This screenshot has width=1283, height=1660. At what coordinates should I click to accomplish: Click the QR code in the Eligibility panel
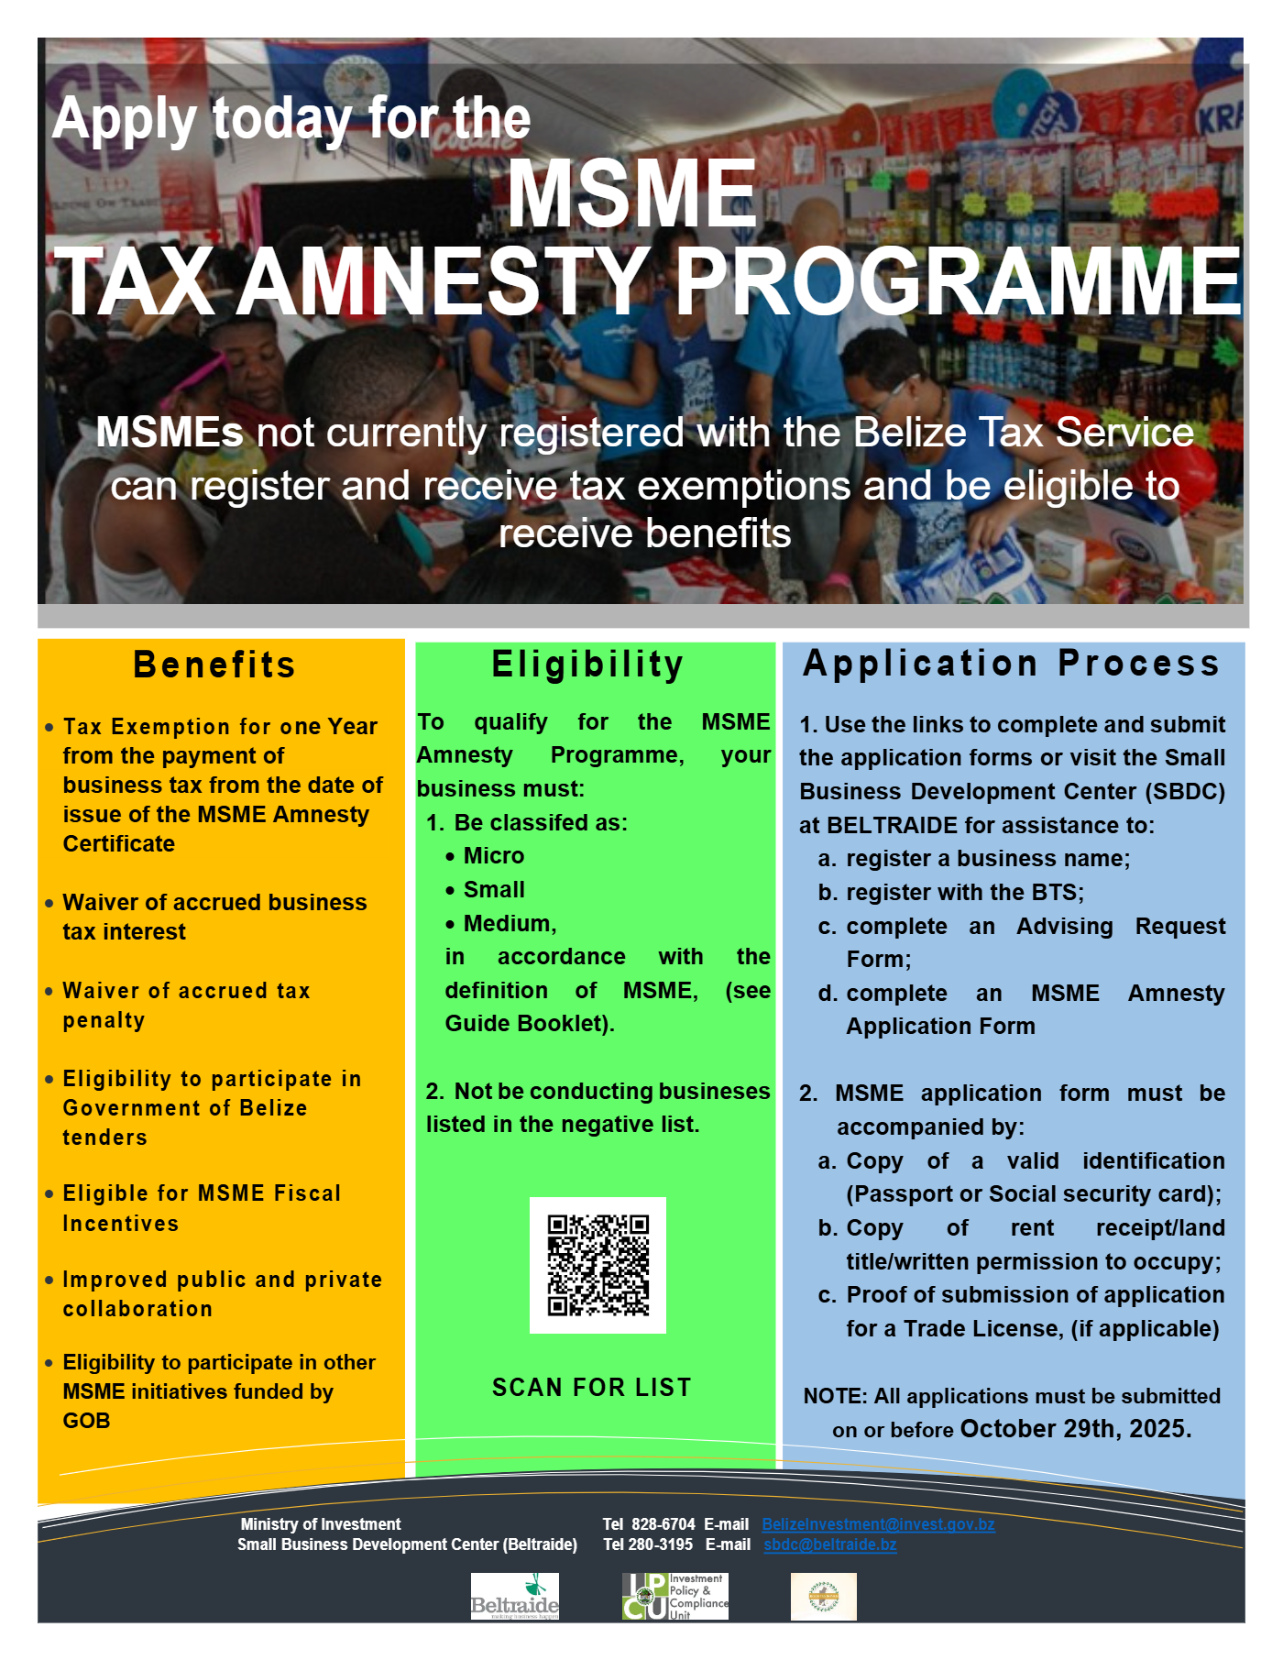598,1265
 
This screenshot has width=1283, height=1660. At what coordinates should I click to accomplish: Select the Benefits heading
214,665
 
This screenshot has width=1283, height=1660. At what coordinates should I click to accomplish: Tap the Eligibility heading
588,665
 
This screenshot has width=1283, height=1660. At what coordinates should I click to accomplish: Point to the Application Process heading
1011,664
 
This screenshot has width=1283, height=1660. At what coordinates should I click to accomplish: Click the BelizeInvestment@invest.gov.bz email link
878,1524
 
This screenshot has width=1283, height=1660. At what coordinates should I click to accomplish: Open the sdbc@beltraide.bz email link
830,1545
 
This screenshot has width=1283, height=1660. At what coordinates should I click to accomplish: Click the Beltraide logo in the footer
514,1597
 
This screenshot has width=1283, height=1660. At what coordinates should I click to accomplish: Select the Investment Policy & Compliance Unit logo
674,1597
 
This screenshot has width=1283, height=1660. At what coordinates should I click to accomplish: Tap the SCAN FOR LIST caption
592,1388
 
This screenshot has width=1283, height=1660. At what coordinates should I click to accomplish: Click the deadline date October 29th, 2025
1075,1429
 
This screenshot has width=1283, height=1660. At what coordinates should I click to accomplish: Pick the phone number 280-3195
661,1545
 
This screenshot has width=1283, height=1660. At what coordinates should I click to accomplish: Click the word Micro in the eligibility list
494,856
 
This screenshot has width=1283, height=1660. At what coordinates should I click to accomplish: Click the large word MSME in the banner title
632,194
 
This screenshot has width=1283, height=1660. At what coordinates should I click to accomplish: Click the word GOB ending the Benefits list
86,1421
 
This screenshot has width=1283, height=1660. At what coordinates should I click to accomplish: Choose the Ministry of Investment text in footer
321,1524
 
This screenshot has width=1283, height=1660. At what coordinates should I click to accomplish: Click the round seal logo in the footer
823,1597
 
